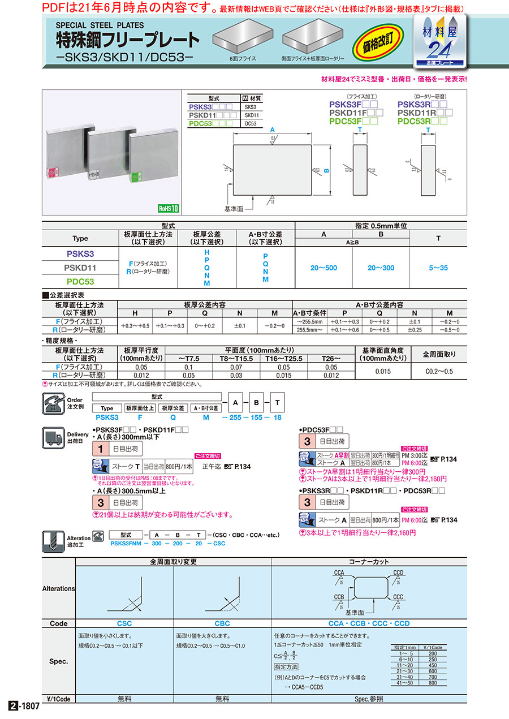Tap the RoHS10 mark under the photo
click(x=168, y=208)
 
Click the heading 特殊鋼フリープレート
click(x=127, y=41)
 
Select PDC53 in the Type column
click(x=80, y=281)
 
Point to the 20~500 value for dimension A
click(x=324, y=268)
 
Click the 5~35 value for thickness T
click(x=438, y=268)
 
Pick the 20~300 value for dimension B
click(x=381, y=268)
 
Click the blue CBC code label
click(x=222, y=623)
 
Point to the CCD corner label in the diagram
click(x=398, y=572)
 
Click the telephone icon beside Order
click(x=52, y=404)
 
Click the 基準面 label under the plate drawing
click(x=234, y=209)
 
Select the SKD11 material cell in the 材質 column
click(x=251, y=115)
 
